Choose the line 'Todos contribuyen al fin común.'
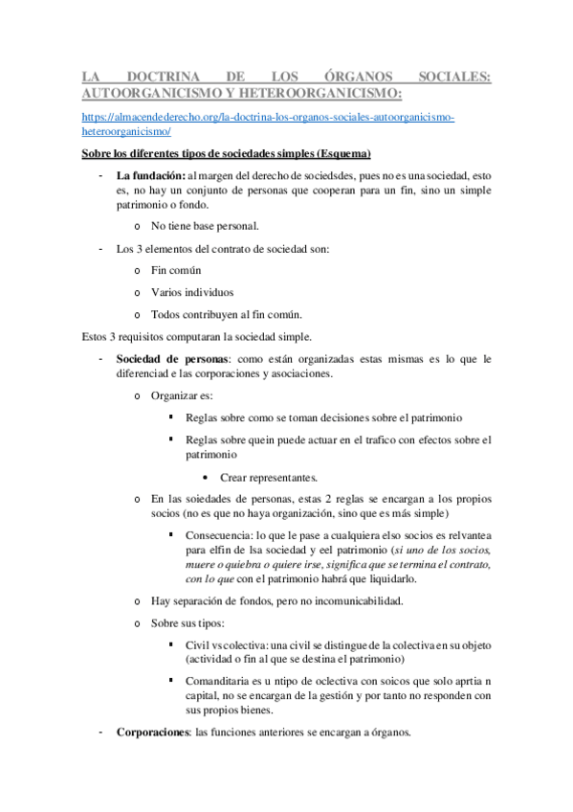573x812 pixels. pyautogui.click(x=227, y=314)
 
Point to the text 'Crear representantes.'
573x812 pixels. pyautogui.click(x=269, y=477)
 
